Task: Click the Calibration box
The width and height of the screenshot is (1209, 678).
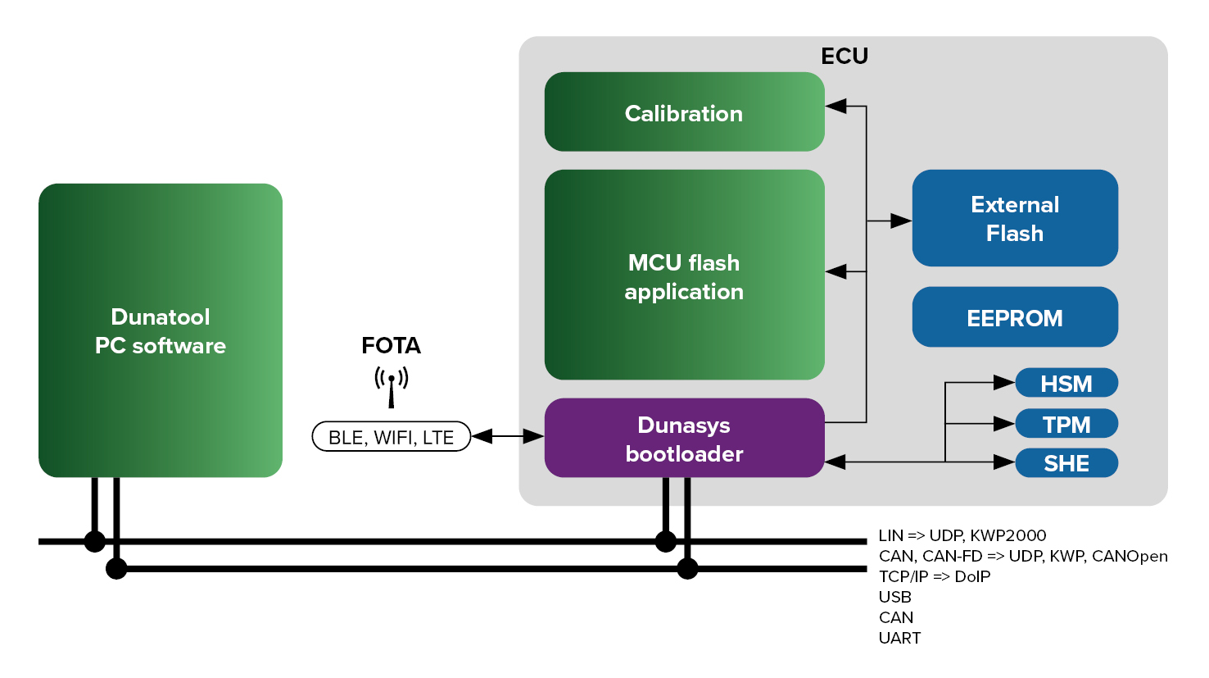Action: [x=684, y=112]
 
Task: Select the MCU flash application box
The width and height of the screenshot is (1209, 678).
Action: [x=684, y=275]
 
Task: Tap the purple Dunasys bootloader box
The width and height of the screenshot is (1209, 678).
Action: [x=684, y=439]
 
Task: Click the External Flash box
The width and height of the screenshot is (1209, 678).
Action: [x=1015, y=218]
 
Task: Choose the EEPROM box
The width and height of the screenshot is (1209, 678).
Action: [x=1015, y=317]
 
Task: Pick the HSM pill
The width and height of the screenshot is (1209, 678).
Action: [x=1066, y=383]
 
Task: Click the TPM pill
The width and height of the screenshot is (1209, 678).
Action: [x=1066, y=424]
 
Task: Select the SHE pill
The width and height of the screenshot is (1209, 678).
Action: [x=1066, y=463]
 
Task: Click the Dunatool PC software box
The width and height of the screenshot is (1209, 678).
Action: [x=161, y=330]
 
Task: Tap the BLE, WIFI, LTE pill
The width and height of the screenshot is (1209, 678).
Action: [x=392, y=437]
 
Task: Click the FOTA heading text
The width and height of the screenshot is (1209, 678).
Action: [x=392, y=345]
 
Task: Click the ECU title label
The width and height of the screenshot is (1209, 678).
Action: [x=844, y=56]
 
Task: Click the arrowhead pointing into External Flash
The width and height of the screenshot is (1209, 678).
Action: [x=901, y=221]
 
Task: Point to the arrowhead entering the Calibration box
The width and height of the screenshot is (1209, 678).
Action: [x=836, y=106]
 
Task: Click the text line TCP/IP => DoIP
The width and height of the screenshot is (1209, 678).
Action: [x=935, y=576]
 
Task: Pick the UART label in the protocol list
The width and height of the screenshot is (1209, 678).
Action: [x=899, y=638]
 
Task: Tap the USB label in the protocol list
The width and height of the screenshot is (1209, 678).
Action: [x=894, y=597]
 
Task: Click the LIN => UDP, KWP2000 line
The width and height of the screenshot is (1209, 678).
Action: [x=962, y=535]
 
